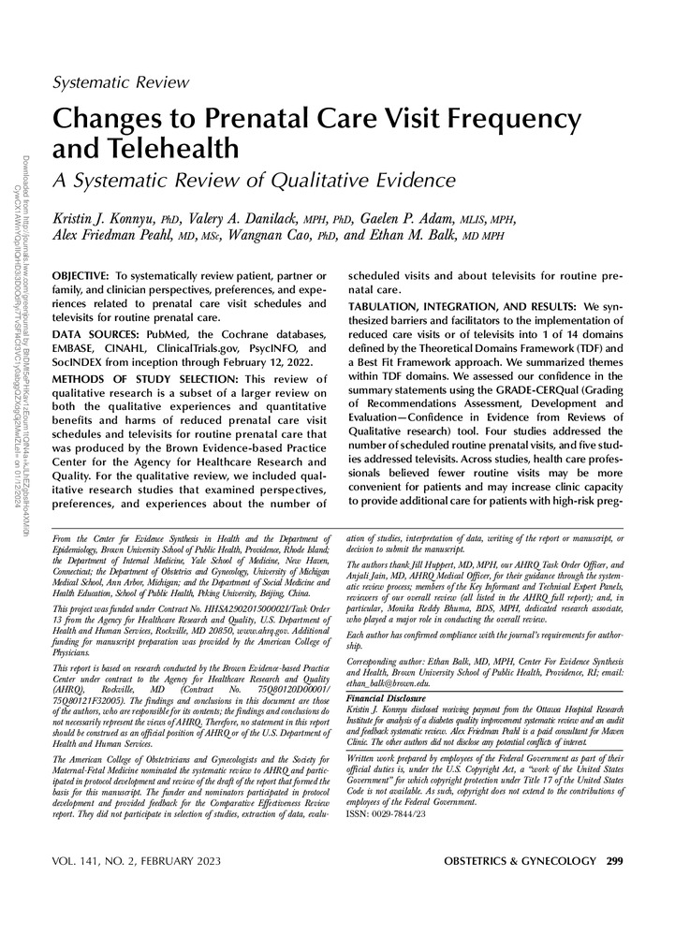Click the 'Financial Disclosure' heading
pos(386,698)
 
